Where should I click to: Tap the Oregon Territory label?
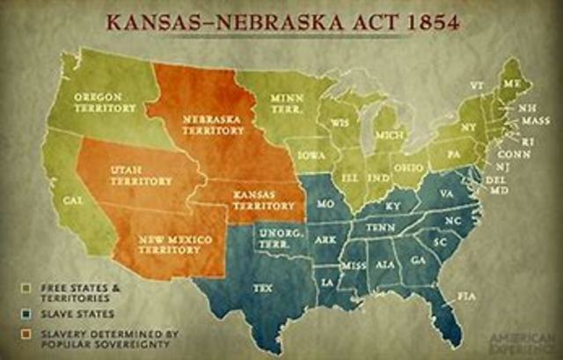coord(105,101)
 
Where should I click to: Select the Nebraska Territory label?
coord(201,122)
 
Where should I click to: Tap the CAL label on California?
coord(73,200)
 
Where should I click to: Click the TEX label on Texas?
coord(263,287)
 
